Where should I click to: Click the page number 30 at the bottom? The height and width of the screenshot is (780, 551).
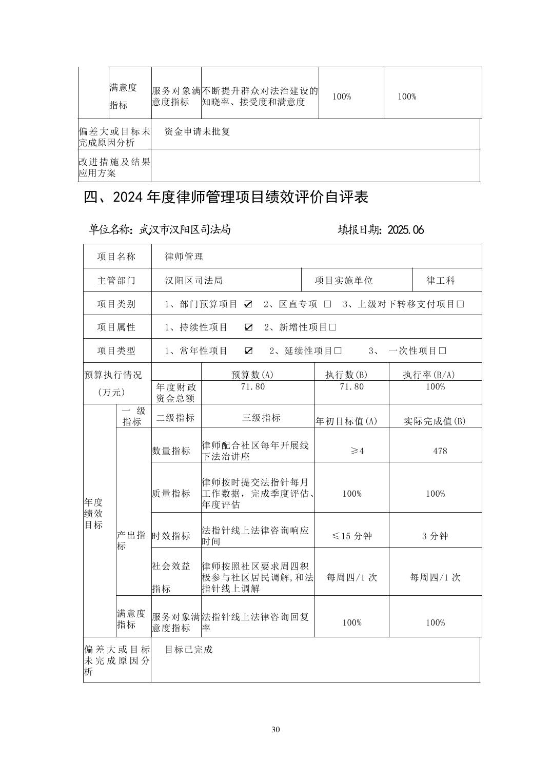coord(275,730)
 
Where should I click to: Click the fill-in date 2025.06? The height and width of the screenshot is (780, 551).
coord(406,230)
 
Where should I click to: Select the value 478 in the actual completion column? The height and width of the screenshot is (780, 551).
coord(440,451)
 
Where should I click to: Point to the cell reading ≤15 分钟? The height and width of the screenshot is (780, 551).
coord(352,536)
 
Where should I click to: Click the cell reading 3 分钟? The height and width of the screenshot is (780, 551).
coord(435,536)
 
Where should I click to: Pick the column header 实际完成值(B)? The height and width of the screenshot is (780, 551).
coord(435,421)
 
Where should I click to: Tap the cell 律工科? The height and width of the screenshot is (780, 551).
coord(441,281)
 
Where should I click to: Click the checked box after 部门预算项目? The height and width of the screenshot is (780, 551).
coord(248,304)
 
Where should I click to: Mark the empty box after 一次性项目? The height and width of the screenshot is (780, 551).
coord(443,351)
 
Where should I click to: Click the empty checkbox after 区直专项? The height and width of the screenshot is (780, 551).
coord(327,304)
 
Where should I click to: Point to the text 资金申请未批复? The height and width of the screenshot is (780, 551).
coord(198,131)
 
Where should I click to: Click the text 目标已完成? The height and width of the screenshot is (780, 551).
coord(188,650)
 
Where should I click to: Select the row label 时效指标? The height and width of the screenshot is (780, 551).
coord(171,536)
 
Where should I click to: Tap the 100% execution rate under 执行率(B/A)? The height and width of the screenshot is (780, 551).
coord(435,386)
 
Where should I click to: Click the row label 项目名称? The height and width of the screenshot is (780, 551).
coord(116,257)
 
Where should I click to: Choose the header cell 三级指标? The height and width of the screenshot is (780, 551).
coord(261,418)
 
